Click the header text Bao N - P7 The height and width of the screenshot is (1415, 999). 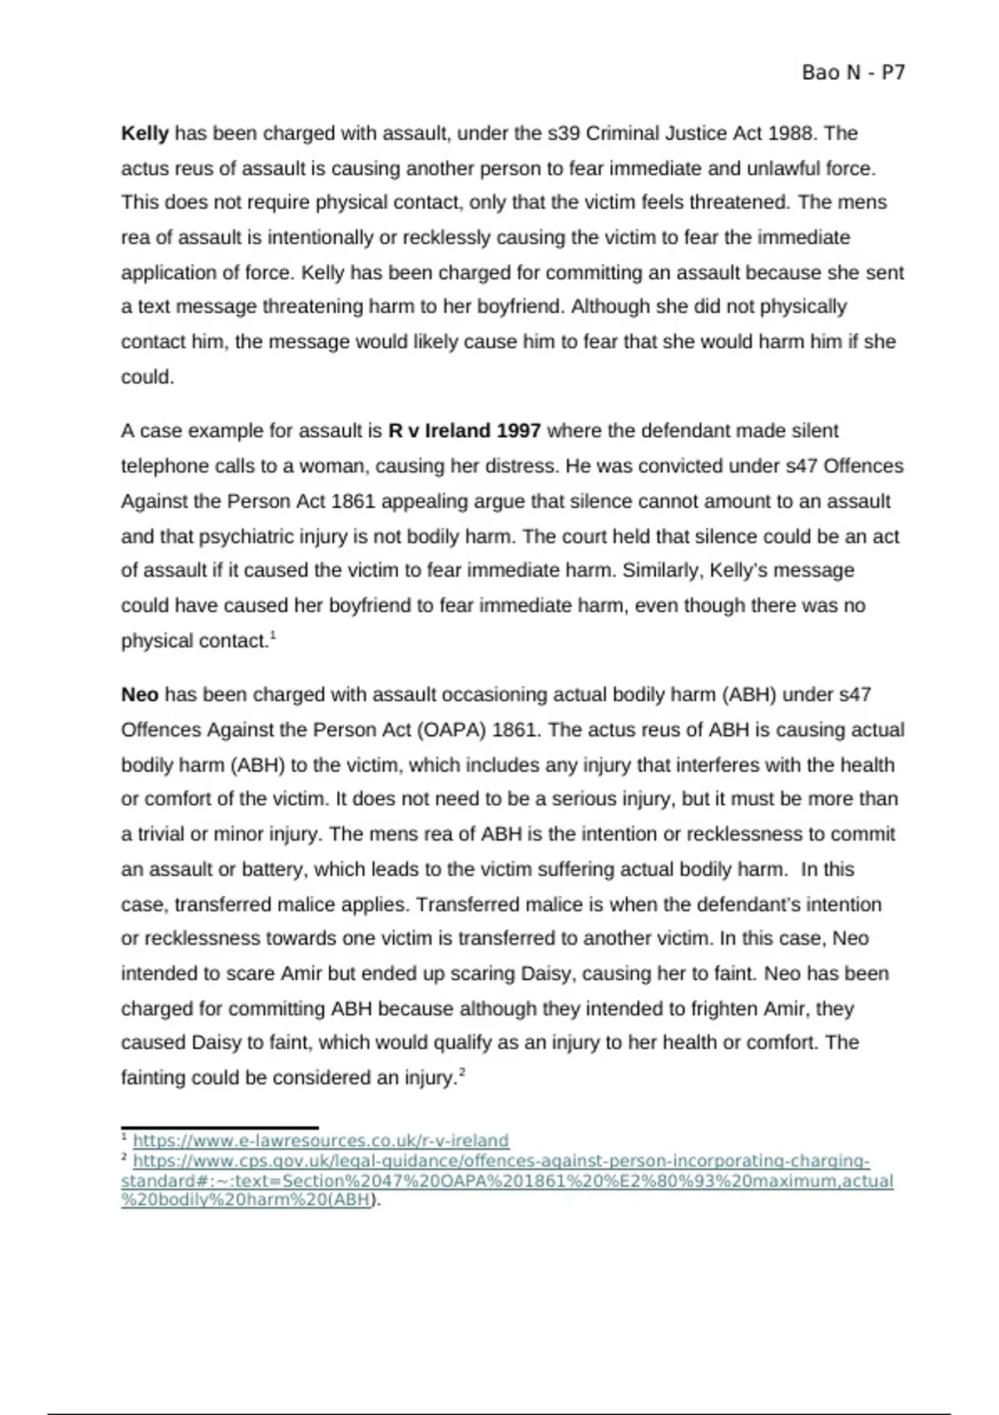pos(852,73)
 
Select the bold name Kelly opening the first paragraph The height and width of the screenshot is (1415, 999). pos(145,133)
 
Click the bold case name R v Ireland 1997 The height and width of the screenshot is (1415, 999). pos(464,431)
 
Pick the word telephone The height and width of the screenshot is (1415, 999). pos(165,466)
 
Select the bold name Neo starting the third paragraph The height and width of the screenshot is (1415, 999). pos(139,695)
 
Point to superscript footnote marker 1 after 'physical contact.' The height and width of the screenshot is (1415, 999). pos(273,637)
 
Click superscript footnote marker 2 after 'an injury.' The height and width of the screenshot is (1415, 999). pos(462,1074)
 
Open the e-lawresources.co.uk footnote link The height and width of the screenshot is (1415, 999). pos(321,1140)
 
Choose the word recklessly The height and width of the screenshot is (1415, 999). pos(446,238)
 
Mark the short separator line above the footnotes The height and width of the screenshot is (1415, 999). pos(220,1127)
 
